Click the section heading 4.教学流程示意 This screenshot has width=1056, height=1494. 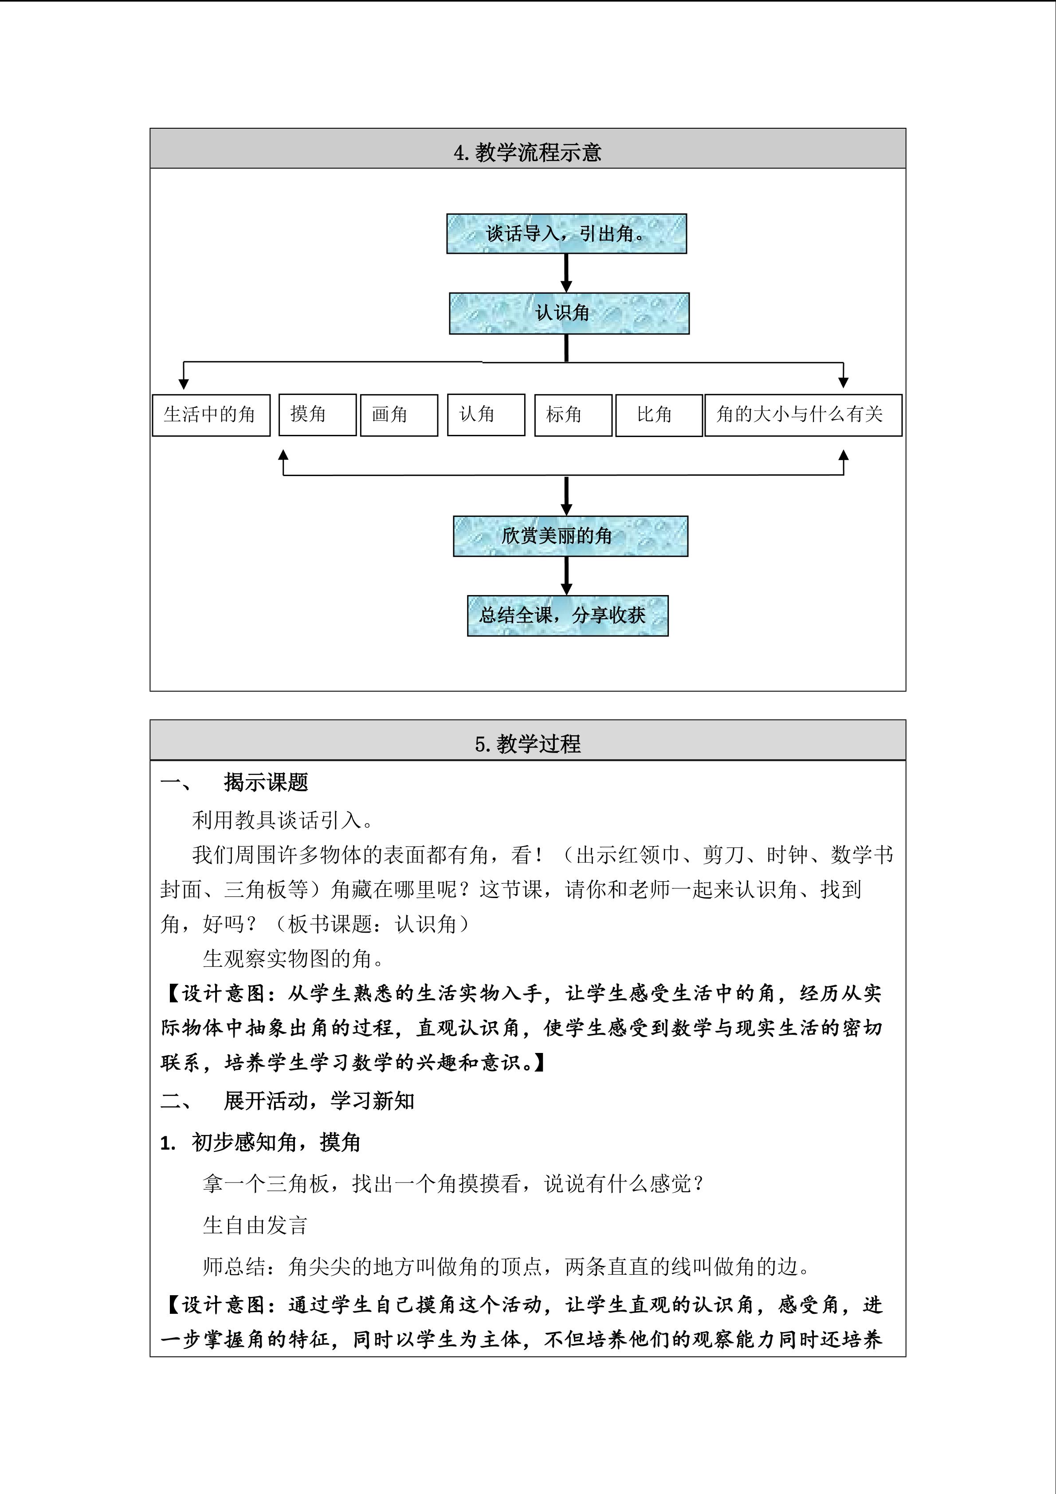click(x=527, y=152)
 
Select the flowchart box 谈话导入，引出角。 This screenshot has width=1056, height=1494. click(x=566, y=233)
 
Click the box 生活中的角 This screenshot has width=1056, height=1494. click(x=211, y=414)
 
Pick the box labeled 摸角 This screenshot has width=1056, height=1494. click(x=317, y=414)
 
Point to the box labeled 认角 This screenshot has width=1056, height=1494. click(x=485, y=414)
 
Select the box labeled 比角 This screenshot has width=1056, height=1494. click(x=658, y=414)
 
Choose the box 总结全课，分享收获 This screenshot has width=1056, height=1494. click(x=567, y=615)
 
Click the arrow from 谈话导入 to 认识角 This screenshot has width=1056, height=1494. click(x=566, y=272)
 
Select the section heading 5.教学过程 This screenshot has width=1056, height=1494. click(x=527, y=744)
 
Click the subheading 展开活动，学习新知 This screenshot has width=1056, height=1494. click(x=318, y=1100)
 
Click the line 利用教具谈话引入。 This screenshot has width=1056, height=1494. click(x=283, y=820)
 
